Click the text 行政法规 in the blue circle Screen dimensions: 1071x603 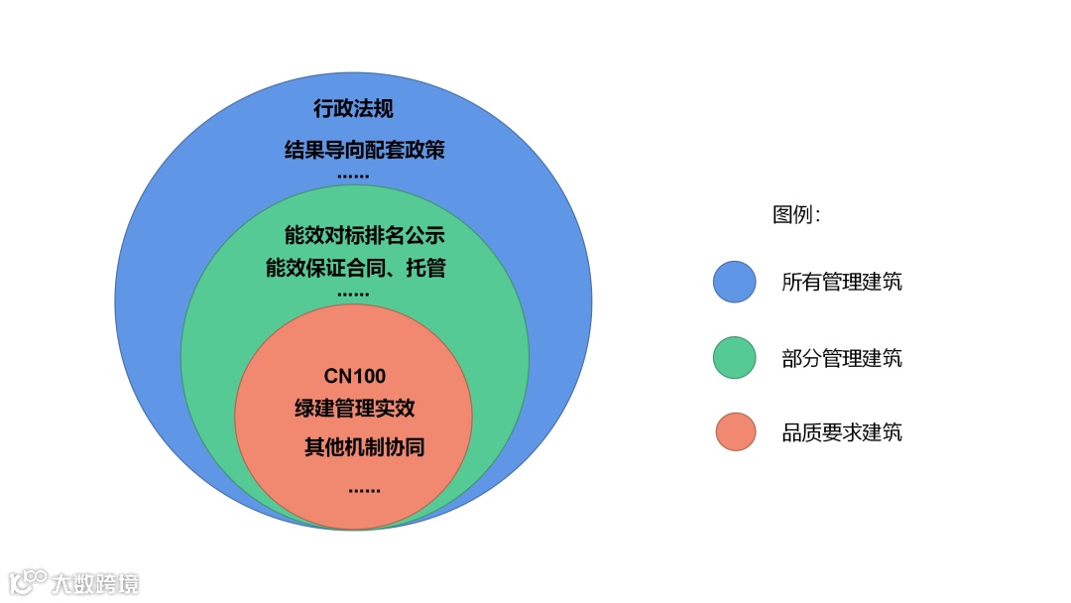pos(353,109)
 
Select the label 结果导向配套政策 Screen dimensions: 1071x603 pos(364,151)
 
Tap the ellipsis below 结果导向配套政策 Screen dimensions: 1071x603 pos(353,176)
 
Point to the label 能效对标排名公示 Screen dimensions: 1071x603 pos(364,236)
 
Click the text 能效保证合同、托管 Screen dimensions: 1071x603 pos(364,268)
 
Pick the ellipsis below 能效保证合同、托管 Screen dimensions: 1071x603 pos(353,295)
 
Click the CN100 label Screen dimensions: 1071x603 pos(354,377)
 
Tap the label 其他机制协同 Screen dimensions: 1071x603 pos(364,447)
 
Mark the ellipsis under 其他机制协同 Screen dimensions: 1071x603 pos(364,489)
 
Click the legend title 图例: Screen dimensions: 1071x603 pos(796,215)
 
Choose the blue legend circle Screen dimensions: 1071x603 pos(734,282)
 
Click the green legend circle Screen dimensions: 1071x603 pos(734,357)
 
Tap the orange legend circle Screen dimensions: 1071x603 pos(734,432)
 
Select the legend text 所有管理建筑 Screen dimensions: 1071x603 pos(842,283)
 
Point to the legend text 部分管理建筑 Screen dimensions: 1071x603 pos(842,358)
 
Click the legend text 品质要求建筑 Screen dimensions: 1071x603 pos(842,432)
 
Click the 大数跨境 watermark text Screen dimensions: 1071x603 pos(96,582)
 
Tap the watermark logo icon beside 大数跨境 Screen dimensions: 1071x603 pos(29,581)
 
